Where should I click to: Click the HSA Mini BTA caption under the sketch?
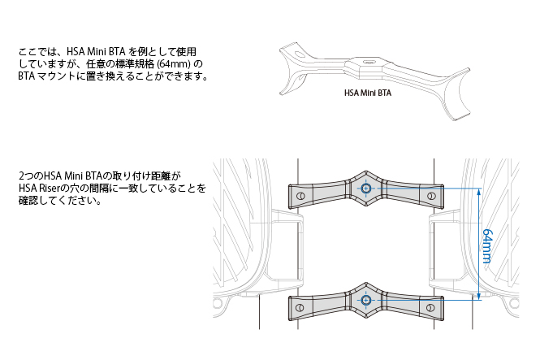368,93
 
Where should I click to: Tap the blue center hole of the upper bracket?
366,189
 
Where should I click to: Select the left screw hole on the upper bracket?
301,196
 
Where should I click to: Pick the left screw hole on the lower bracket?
301,307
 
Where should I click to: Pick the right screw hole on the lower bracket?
431,307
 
